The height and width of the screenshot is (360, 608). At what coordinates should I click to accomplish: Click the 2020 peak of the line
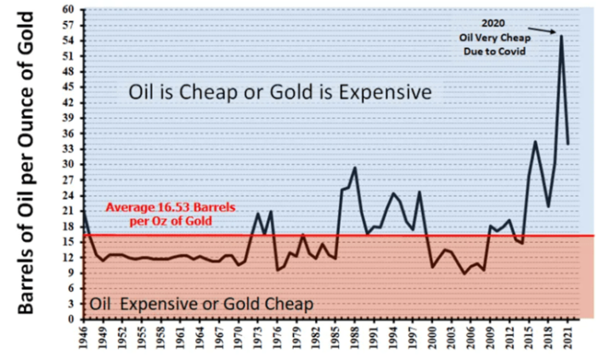[561, 35]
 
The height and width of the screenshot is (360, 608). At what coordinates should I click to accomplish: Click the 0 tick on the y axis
[70, 319]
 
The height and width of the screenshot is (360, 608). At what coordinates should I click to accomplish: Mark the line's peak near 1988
[355, 167]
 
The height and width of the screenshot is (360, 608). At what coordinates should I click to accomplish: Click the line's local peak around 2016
[535, 141]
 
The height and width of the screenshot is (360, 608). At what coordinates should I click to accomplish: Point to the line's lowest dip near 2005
[464, 273]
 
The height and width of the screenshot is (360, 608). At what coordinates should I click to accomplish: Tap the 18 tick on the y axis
[68, 226]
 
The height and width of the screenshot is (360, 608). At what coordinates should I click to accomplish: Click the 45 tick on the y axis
[68, 87]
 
